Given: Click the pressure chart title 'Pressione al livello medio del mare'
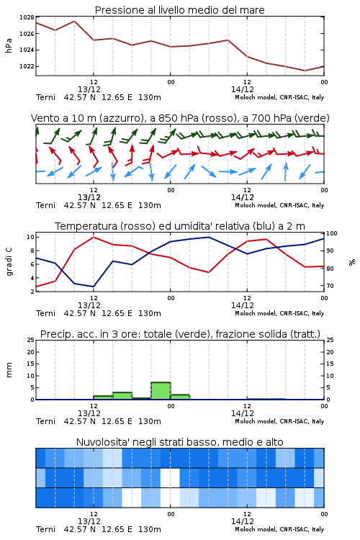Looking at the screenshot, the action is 179,10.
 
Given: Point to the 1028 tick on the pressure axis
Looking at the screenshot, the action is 26,17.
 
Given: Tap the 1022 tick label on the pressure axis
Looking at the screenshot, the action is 26,66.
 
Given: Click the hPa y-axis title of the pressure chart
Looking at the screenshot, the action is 9,46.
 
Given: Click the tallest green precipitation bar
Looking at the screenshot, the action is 161,391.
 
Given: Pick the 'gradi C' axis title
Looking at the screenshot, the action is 9,262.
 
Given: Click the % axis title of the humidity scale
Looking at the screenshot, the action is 352,262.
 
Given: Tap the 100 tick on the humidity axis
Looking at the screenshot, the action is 332,233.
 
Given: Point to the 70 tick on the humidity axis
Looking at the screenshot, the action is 330,286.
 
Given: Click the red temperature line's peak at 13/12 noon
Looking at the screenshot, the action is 94,237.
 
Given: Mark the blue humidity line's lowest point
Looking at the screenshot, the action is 94,287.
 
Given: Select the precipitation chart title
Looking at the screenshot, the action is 180,334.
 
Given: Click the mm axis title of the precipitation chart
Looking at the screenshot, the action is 9,370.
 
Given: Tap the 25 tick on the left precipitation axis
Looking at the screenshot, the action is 31,340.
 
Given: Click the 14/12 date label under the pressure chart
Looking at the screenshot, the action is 243,89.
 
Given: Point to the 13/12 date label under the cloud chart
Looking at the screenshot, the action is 89,521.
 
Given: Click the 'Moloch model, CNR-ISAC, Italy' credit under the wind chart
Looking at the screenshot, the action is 279,206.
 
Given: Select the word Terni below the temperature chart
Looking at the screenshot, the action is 45,313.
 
